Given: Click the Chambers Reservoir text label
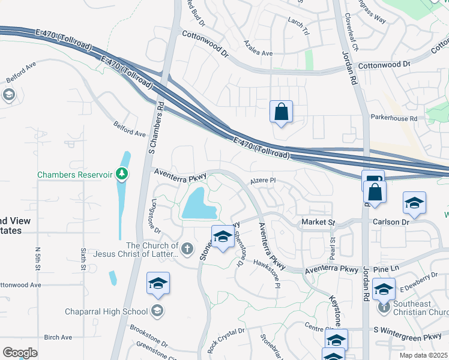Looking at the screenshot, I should coord(75,175).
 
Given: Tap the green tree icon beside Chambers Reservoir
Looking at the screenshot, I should coord(122,174).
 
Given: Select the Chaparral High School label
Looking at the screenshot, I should coord(106,311).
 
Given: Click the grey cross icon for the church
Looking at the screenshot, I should coord(187,248).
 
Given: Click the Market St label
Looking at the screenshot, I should coord(318,222).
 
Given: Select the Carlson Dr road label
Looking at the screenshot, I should coord(391,221).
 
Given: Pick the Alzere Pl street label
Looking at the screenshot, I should coord(262,180).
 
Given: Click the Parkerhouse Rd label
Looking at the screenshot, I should coord(393,119).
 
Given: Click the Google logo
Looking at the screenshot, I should coord(20,352).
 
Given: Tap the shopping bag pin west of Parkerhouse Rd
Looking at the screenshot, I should coord(281,112).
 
